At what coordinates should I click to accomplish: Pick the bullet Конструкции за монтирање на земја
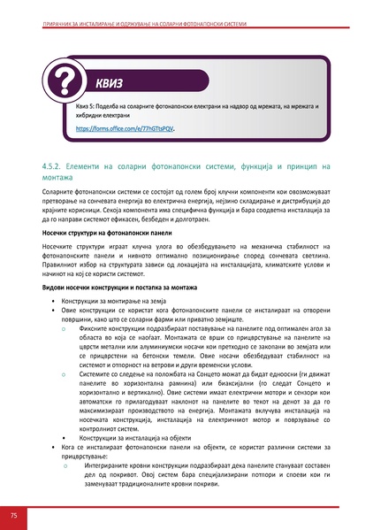pyautogui.click(x=114, y=303)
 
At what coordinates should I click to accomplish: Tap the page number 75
pyautogui.click(x=13, y=515)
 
